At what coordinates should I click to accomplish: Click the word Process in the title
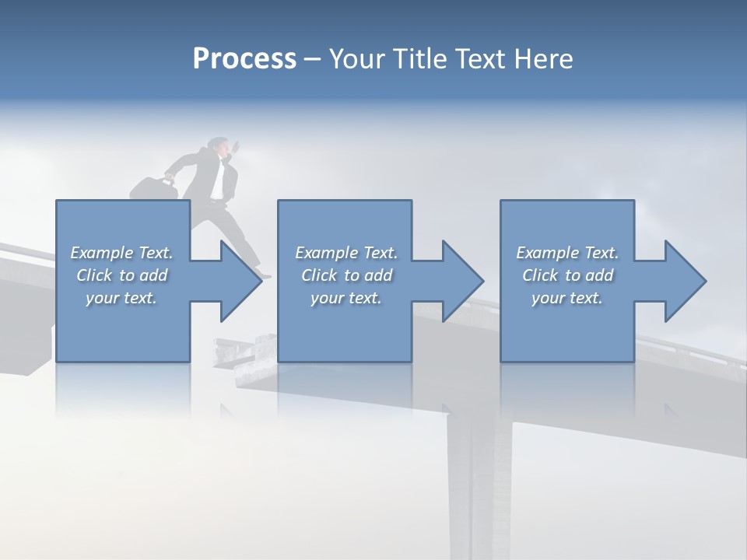coord(244,59)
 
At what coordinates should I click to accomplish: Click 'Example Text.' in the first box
coord(121,253)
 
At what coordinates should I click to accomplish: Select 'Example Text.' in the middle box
coord(345,253)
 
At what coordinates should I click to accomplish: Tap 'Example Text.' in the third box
coord(567,253)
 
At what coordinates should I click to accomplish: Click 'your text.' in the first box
coord(121,298)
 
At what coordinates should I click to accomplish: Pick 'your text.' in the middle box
coord(345,298)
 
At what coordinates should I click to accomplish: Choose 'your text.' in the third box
coord(567,298)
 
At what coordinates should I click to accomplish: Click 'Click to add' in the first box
coord(121,275)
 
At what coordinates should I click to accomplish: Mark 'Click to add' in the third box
coord(567,275)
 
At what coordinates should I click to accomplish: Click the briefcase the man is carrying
coord(153,189)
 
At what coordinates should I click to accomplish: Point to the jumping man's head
coord(219,146)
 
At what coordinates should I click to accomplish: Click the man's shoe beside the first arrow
coord(265,275)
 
